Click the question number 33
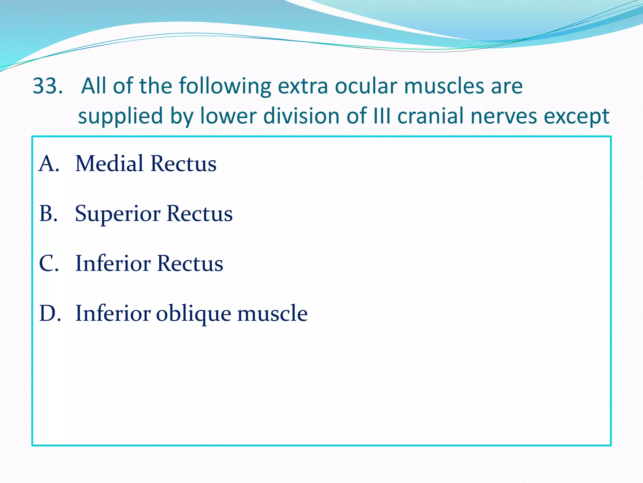point(47,86)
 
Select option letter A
point(49,164)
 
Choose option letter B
point(49,214)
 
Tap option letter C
point(49,263)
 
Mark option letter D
point(50,313)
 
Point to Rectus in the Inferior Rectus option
point(190,263)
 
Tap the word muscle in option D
point(272,313)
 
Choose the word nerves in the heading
point(504,116)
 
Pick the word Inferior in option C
point(113,263)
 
